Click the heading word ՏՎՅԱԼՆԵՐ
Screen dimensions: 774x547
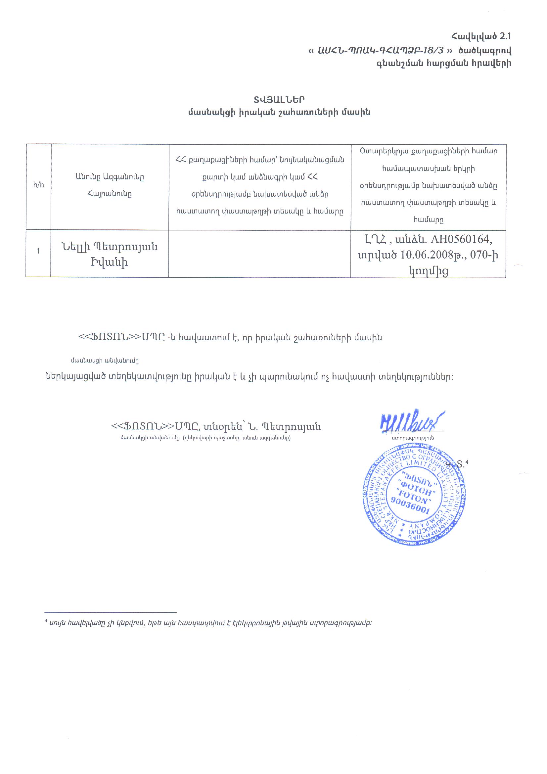[x=279, y=99]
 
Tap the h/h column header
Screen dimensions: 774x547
[x=38, y=185]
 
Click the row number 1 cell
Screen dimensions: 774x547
[x=38, y=251]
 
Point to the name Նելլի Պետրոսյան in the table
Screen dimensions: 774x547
[x=110, y=247]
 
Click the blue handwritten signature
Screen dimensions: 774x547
[x=412, y=422]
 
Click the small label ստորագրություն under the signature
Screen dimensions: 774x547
[x=413, y=438]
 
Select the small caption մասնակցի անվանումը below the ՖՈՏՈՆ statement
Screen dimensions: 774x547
[x=105, y=361]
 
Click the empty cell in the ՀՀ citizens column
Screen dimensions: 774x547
[x=259, y=254]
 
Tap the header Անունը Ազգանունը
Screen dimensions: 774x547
[x=110, y=177]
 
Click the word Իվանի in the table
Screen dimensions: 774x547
[x=110, y=262]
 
